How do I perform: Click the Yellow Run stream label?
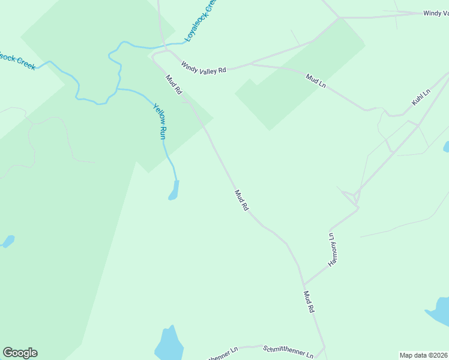159,122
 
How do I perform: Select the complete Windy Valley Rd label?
203,67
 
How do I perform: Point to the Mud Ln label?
315,81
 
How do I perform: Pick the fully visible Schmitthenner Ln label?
288,352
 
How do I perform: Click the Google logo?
20,353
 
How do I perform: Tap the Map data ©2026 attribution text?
423,355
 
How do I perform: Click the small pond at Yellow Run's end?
174,190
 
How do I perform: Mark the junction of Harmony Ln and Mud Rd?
304,284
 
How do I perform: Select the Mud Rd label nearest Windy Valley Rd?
173,83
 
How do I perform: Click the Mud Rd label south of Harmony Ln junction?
309,302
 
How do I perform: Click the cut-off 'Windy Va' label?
435,13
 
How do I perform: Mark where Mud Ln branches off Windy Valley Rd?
251,64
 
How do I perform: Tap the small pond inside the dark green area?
8,241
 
